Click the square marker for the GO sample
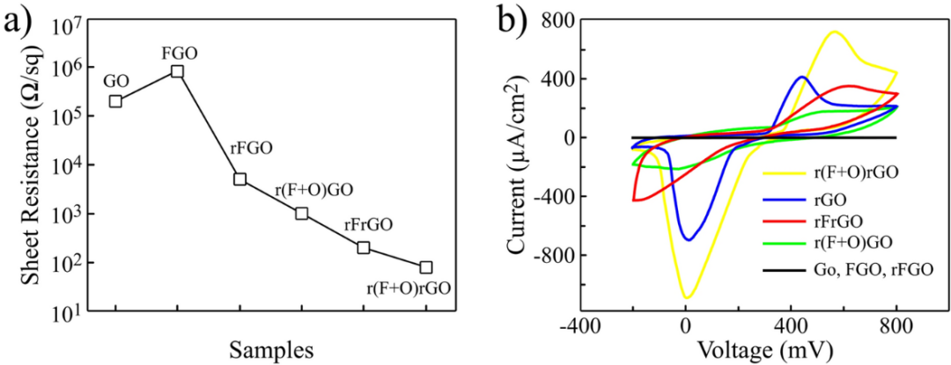(115, 101)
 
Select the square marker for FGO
(177, 71)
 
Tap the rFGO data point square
(240, 179)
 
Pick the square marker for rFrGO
(364, 247)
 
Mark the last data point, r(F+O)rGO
(426, 267)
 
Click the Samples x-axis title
(270, 349)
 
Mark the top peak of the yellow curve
(833, 32)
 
